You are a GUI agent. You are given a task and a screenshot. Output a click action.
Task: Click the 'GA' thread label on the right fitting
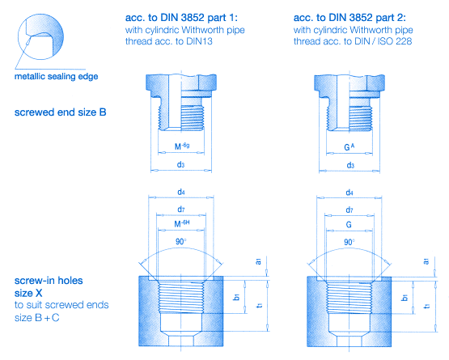pyautogui.click(x=350, y=149)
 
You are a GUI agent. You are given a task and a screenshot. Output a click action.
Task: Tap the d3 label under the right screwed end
pyautogui.click(x=350, y=165)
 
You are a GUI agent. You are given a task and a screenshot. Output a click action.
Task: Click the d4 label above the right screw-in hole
pyautogui.click(x=350, y=193)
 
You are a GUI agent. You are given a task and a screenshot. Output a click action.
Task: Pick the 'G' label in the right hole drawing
pyautogui.click(x=350, y=224)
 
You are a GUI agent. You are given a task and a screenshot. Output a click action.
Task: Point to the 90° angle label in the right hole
pyautogui.click(x=350, y=241)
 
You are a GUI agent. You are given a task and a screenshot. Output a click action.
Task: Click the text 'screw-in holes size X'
pyautogui.click(x=48, y=286)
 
